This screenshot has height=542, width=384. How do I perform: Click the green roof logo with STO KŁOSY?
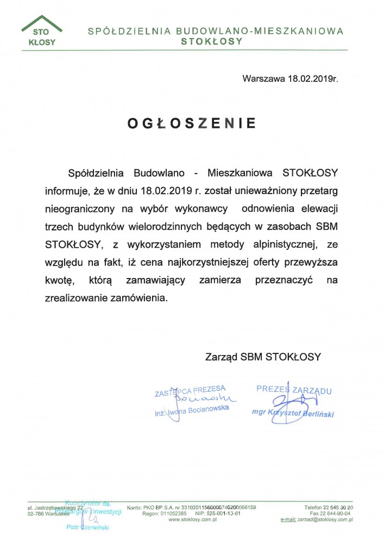[42, 34]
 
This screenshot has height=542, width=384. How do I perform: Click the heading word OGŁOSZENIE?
[192, 124]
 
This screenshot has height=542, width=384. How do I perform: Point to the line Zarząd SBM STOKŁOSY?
[263, 357]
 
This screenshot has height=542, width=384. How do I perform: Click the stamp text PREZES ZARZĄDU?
[294, 389]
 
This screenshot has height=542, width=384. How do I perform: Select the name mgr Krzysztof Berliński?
[293, 413]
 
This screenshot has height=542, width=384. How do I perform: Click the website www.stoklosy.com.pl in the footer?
[192, 519]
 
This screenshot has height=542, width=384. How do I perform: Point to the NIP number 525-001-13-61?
[222, 513]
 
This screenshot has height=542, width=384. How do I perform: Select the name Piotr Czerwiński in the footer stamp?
[88, 527]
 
